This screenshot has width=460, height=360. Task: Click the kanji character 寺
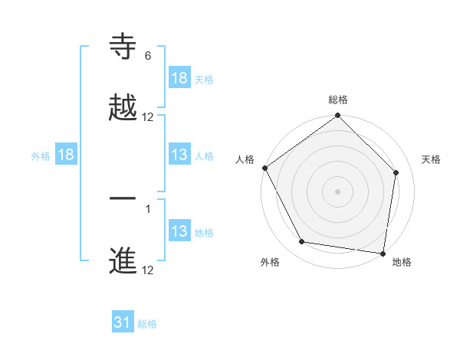tap(123, 47)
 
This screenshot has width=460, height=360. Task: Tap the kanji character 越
tap(123, 108)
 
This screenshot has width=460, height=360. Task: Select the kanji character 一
tap(123, 201)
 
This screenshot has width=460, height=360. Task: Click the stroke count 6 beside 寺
tap(148, 56)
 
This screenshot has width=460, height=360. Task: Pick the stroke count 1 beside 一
tap(148, 209)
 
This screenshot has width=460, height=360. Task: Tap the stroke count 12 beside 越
tap(148, 117)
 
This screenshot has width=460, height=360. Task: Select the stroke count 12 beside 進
tap(148, 270)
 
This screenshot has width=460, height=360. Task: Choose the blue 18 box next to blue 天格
tap(179, 77)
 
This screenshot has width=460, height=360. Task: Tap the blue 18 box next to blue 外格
tap(66, 155)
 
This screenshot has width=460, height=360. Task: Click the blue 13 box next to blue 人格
tap(179, 155)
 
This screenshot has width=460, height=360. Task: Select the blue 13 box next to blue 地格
tap(179, 231)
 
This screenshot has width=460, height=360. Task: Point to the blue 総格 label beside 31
tap(147, 324)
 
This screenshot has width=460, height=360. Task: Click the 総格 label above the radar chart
tap(338, 100)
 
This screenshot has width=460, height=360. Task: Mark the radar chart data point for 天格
tap(396, 172)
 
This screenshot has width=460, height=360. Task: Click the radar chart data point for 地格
tap(383, 253)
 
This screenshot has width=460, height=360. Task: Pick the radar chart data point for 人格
tap(264, 168)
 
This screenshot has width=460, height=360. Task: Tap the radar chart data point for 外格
tap(302, 242)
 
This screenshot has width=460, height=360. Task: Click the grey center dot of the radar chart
tap(338, 191)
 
